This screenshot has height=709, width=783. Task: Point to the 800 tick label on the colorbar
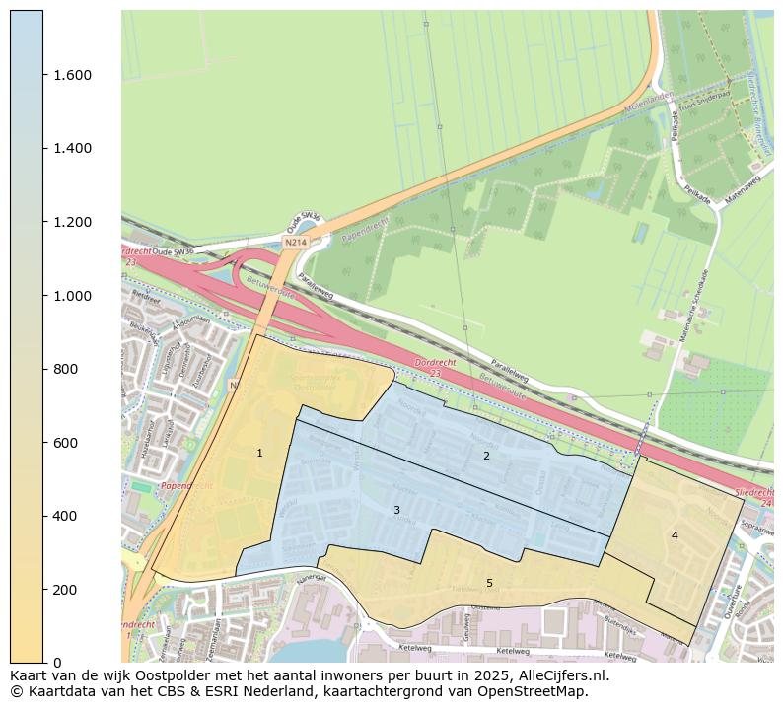click(x=65, y=369)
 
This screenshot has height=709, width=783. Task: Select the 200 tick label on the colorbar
click(x=65, y=590)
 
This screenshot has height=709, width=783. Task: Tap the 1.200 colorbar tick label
click(x=72, y=222)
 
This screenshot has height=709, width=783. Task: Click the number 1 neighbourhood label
click(x=259, y=453)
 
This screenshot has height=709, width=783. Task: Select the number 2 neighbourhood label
click(x=486, y=456)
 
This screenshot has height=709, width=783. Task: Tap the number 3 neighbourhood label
click(x=396, y=510)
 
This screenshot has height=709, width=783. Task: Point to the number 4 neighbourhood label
click(x=675, y=535)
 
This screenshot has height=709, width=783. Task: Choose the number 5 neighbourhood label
click(x=489, y=583)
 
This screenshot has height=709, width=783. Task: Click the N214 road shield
click(x=295, y=242)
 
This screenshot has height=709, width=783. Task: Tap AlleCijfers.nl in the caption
click(x=562, y=676)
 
